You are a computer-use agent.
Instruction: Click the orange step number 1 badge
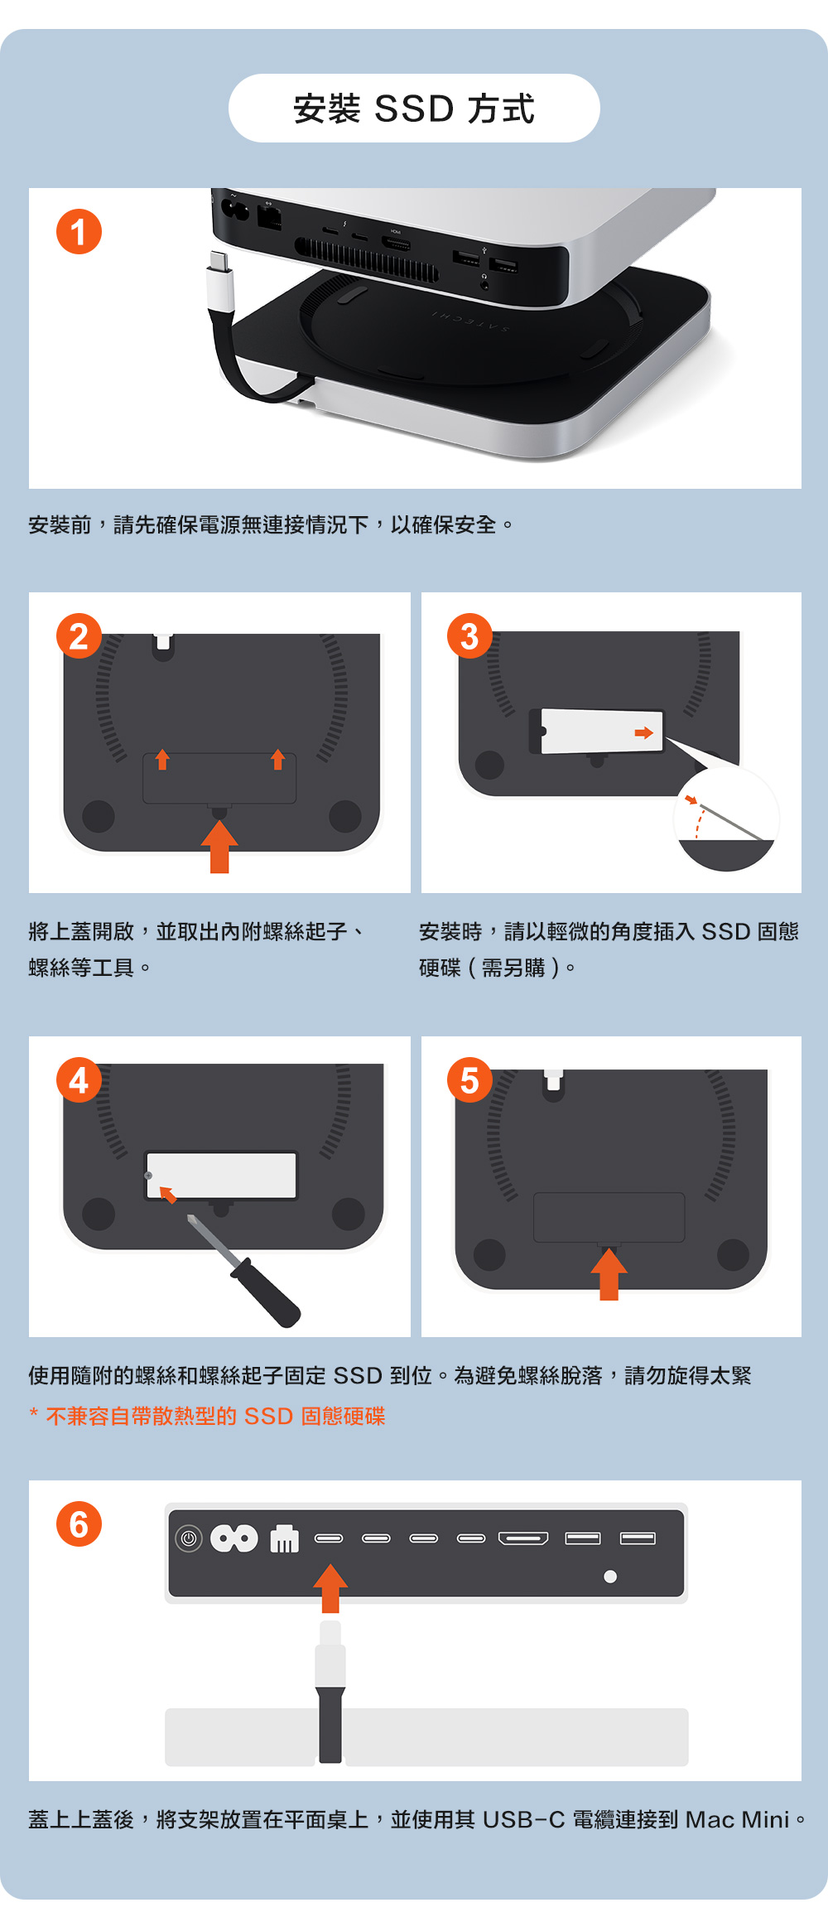point(79,232)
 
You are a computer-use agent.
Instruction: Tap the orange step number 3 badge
point(469,636)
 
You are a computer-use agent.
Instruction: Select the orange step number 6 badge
point(79,1524)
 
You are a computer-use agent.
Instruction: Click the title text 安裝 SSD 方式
point(414,109)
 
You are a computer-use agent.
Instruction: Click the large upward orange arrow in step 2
point(219,846)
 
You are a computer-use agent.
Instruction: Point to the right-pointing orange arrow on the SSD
point(643,732)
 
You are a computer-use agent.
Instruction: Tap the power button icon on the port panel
point(189,1539)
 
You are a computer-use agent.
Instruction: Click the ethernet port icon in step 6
point(284,1539)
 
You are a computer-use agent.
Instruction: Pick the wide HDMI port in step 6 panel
point(523,1538)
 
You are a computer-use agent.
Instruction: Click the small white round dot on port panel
point(610,1577)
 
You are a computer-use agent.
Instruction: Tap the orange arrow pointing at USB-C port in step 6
point(330,1587)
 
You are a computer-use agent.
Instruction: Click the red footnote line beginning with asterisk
point(207,1417)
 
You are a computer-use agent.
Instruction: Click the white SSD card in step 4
point(221,1175)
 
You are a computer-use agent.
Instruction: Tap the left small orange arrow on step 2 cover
point(162,759)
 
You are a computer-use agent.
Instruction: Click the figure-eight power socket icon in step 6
point(234,1539)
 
